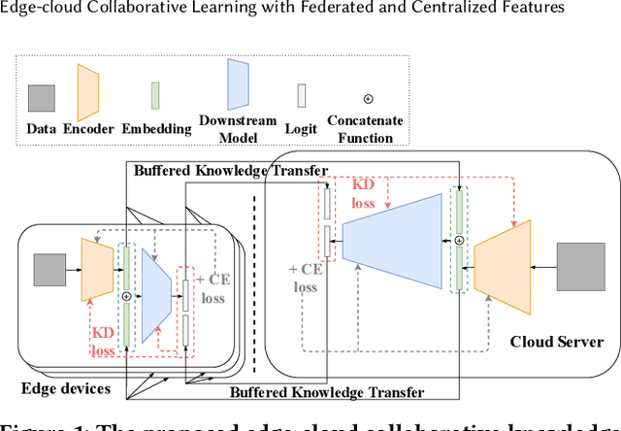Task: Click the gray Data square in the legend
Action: point(41,98)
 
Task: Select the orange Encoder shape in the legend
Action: point(89,87)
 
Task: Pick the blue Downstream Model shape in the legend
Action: point(239,85)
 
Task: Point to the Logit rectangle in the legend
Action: point(302,95)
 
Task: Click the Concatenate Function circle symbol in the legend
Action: point(368,99)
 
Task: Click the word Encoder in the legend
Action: point(88,127)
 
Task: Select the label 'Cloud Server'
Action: point(557,342)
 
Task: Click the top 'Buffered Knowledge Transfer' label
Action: point(227,167)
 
